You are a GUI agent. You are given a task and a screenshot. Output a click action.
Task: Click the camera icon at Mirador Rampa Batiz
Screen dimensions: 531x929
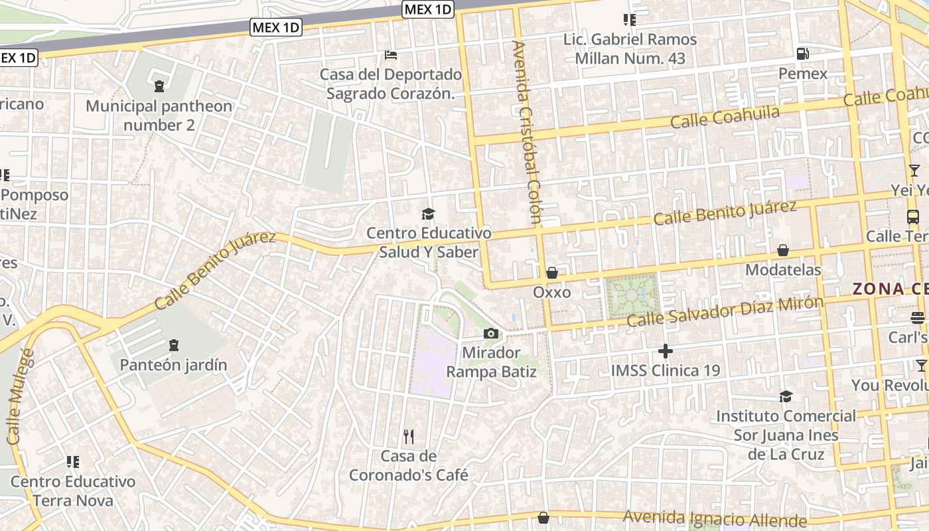[491, 333]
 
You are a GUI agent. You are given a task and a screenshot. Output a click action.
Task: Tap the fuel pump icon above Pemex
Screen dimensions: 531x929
[803, 53]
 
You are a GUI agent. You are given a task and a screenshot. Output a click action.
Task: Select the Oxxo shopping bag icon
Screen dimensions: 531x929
[551, 273]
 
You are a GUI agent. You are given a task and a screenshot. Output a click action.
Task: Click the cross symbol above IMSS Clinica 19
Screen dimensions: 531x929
[665, 350]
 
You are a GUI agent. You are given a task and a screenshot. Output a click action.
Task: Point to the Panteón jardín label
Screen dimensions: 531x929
[173, 364]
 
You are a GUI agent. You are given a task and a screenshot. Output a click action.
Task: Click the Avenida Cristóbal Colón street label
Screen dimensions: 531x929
[528, 133]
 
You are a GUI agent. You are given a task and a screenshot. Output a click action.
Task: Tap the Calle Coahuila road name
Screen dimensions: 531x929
[725, 117]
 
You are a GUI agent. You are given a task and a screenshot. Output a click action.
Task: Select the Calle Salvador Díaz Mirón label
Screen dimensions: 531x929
[725, 311]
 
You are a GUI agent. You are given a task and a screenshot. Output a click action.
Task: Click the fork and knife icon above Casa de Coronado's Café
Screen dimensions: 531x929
[409, 436]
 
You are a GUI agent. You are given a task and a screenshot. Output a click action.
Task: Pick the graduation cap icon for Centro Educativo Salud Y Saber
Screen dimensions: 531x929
[429, 214]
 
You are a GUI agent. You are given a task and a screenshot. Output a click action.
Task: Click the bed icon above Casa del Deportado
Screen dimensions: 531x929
[391, 54]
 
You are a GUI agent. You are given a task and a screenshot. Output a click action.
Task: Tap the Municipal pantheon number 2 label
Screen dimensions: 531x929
[159, 115]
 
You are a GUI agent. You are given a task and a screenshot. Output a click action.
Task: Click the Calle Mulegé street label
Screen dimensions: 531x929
[20, 396]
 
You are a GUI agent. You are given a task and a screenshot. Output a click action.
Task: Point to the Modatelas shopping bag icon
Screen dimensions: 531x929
[783, 250]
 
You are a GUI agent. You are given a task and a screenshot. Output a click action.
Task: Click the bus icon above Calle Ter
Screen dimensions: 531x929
[913, 216]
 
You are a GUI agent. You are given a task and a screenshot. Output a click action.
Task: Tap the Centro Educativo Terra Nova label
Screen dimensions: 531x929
[73, 491]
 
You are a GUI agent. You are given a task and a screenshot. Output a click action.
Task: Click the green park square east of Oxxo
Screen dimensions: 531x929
[631, 296]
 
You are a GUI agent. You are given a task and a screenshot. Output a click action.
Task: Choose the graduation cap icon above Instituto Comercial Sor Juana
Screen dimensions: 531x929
[786, 396]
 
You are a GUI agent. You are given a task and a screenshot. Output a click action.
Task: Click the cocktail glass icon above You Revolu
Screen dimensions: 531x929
[921, 365]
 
